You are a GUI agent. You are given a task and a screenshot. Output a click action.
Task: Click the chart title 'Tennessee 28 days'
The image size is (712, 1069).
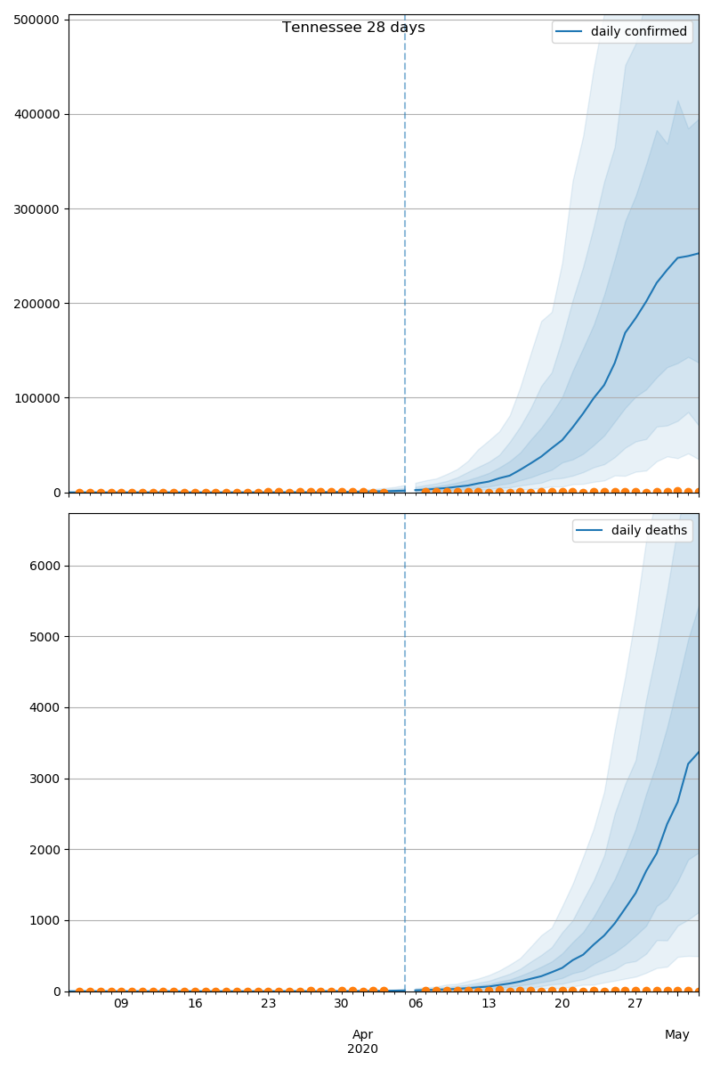[353, 28]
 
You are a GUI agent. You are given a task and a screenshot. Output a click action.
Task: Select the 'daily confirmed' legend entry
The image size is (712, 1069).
[638, 32]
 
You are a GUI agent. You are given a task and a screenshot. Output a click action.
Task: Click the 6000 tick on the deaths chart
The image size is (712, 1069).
[45, 566]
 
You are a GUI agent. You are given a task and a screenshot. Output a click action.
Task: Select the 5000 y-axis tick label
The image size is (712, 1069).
[45, 637]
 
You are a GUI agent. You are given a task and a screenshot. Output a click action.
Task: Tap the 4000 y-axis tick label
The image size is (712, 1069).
[45, 707]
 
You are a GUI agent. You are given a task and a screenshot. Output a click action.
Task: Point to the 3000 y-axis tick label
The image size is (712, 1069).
[45, 779]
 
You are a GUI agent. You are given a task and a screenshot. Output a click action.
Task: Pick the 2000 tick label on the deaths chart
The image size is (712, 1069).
[45, 849]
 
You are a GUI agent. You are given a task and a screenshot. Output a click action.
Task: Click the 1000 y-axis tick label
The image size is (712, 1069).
[45, 920]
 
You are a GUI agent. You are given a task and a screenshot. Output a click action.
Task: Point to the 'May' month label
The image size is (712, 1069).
[677, 1034]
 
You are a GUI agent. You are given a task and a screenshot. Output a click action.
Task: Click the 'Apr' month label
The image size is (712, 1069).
[362, 1034]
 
